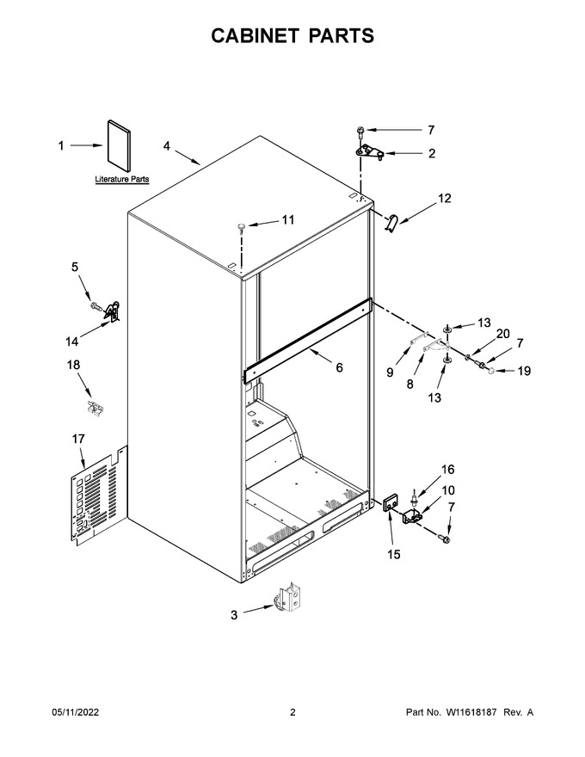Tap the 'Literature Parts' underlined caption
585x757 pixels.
pyautogui.click(x=122, y=179)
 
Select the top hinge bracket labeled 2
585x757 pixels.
pyautogui.click(x=370, y=152)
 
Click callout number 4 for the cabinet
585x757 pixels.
pyautogui.click(x=167, y=145)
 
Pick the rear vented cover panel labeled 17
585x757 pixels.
pyautogui.click(x=99, y=496)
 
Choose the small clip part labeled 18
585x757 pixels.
pyautogui.click(x=95, y=407)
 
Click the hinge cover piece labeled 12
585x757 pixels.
pyautogui.click(x=391, y=223)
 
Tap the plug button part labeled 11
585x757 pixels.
pyautogui.click(x=242, y=226)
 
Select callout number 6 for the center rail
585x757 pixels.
pyautogui.click(x=339, y=368)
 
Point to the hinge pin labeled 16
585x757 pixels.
pyautogui.click(x=414, y=495)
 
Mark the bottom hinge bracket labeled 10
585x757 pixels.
pyautogui.click(x=413, y=516)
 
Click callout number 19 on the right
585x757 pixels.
pyautogui.click(x=524, y=371)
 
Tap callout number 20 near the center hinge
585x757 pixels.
pyautogui.click(x=503, y=334)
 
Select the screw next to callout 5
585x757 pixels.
pyautogui.click(x=95, y=305)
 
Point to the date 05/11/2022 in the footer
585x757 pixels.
pyautogui.click(x=76, y=712)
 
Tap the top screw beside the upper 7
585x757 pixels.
pyautogui.click(x=360, y=130)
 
